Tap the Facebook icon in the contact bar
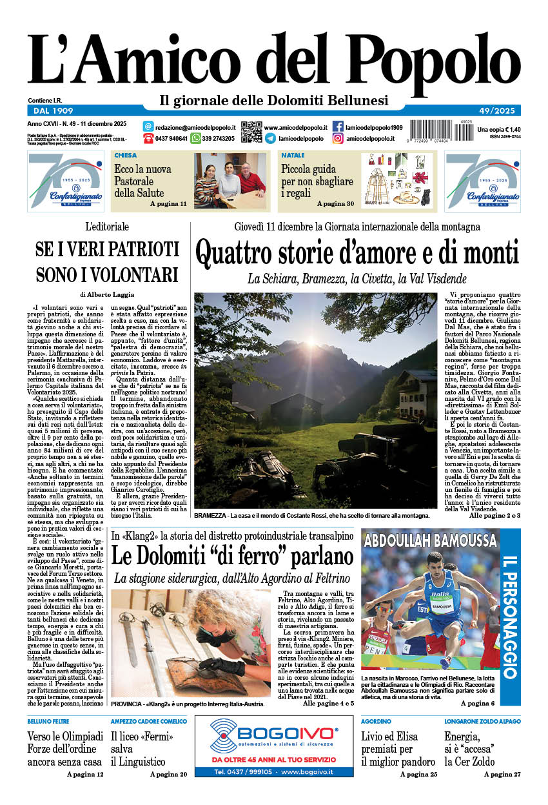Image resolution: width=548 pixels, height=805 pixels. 338,127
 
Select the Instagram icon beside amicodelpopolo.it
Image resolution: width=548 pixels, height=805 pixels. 338,138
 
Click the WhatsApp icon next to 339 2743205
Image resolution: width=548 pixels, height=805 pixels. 195,138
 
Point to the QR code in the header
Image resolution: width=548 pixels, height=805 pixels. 251,132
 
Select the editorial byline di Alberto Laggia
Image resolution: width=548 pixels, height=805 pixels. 107,294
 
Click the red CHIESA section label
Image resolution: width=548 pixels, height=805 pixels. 125,156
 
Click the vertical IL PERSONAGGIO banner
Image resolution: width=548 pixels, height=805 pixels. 510,616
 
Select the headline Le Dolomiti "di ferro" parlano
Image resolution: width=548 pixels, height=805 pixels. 232,556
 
